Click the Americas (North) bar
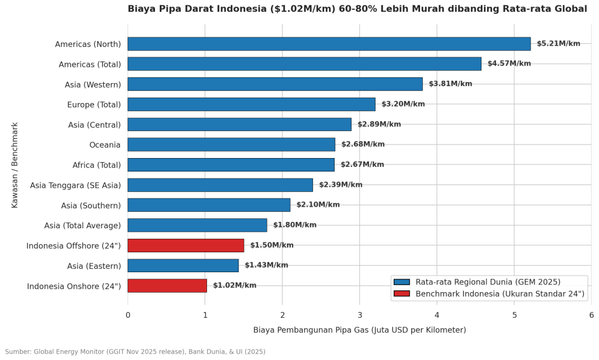pyautogui.click(x=329, y=44)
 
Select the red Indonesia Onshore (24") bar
pyautogui.click(x=167, y=286)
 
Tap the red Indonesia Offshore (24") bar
pyautogui.click(x=185, y=245)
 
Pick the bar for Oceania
pyautogui.click(x=231, y=145)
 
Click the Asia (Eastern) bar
pyautogui.click(x=183, y=266)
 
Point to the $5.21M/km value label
pyautogui.click(x=559, y=43)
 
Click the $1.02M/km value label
pyautogui.click(x=235, y=286)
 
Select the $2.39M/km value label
pyautogui.click(x=341, y=184)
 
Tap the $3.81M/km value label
pyautogui.click(x=450, y=84)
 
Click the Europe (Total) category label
pyautogui.click(x=94, y=105)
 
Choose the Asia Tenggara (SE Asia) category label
pyautogui.click(x=75, y=186)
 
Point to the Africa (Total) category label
pyautogui.click(x=97, y=165)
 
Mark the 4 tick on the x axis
pyautogui.click(x=437, y=315)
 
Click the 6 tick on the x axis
pyautogui.click(x=591, y=315)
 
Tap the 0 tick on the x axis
pyautogui.click(x=128, y=315)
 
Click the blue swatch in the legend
pyautogui.click(x=401, y=282)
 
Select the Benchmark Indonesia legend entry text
pyautogui.click(x=500, y=294)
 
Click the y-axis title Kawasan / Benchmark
pyautogui.click(x=15, y=165)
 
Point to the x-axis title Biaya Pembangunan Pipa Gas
pyautogui.click(x=360, y=330)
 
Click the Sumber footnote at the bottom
pyautogui.click(x=135, y=352)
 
